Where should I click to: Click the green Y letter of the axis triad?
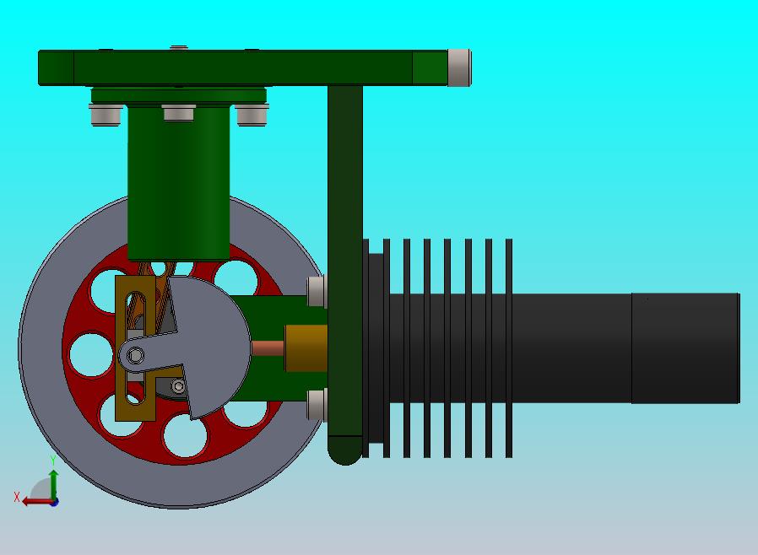coord(53,461)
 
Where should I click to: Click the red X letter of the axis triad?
coord(17,497)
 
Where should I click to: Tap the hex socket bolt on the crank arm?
coord(135,356)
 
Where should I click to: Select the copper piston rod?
coord(268,348)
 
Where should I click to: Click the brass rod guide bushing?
coord(306,348)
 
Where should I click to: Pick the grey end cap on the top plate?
coord(459,67)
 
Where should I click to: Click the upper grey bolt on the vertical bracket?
coord(317,291)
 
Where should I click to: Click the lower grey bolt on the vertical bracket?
coord(317,404)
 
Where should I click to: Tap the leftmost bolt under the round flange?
coord(106,115)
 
